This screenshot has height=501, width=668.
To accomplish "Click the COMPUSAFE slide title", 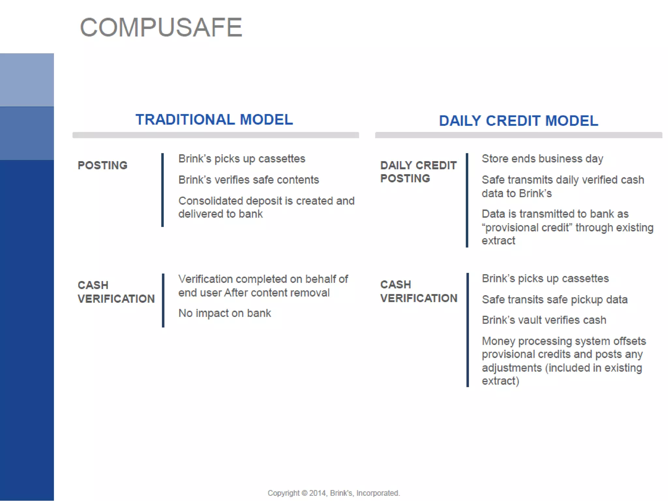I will pyautogui.click(x=161, y=27).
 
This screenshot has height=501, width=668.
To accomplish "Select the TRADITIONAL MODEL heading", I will pyautogui.click(x=214, y=119).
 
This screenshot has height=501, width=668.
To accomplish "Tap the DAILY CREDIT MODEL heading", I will pyautogui.click(x=518, y=121).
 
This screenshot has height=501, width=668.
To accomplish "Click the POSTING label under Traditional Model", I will pyautogui.click(x=102, y=165).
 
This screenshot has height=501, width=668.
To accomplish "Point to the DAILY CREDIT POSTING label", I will pyautogui.click(x=418, y=172).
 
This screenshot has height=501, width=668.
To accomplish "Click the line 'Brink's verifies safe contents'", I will pyautogui.click(x=249, y=180).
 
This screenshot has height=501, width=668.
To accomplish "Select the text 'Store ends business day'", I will pyautogui.click(x=542, y=159).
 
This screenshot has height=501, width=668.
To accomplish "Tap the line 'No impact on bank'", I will pyautogui.click(x=224, y=313).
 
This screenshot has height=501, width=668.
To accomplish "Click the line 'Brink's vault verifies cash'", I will pyautogui.click(x=544, y=320).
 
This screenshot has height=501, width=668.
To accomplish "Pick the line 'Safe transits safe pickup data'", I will pyautogui.click(x=554, y=299).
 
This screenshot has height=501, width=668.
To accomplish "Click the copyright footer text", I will pyautogui.click(x=334, y=493).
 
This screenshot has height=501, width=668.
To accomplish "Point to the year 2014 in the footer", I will pyautogui.click(x=317, y=493).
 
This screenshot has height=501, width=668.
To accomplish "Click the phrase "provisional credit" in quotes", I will pyautogui.click(x=527, y=228).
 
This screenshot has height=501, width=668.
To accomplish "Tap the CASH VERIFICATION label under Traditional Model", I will pyautogui.click(x=116, y=292).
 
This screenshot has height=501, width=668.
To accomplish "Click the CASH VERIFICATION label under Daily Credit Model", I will pyautogui.click(x=418, y=291).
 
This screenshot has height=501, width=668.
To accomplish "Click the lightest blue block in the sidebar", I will pyautogui.click(x=27, y=80).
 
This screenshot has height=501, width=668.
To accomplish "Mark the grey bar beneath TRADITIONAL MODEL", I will pyautogui.click(x=216, y=135).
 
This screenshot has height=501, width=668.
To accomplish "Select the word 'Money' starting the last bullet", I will pyautogui.click(x=498, y=341).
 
